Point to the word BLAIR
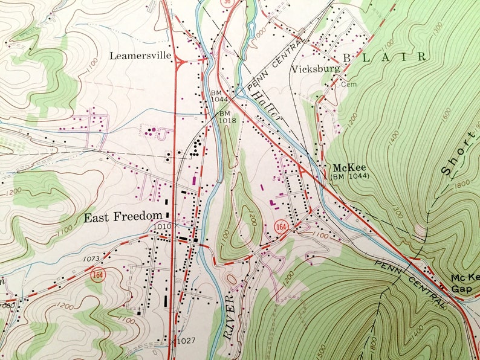click(x=384, y=57)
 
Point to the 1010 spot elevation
click(x=162, y=226)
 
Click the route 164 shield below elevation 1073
click(x=98, y=275)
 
